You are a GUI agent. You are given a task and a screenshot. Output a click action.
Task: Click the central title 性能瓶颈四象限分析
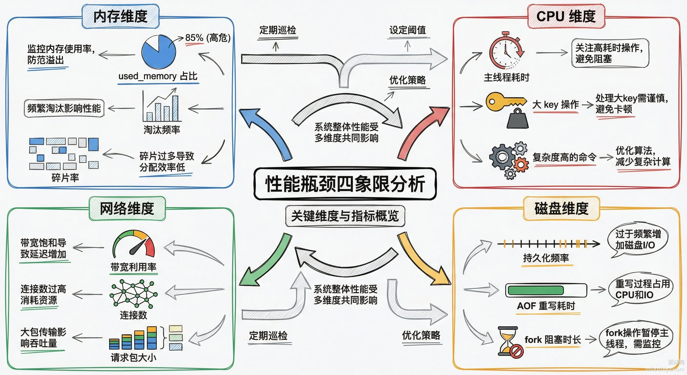coord(345,184)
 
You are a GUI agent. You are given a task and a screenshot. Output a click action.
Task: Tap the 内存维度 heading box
coord(121,16)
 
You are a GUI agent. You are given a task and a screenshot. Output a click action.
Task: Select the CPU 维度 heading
coord(566,16)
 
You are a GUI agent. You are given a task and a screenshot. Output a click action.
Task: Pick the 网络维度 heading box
coord(127,208)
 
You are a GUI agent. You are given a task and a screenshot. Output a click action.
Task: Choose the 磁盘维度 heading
coord(562,208)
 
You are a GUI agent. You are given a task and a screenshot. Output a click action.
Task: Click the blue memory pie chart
coord(159,52)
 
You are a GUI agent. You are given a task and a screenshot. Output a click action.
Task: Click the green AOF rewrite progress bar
coord(536,290)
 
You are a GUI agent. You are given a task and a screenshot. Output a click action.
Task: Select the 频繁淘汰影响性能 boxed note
coord(64,108)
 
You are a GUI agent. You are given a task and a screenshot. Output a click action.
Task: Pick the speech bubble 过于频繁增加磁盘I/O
coord(637,240)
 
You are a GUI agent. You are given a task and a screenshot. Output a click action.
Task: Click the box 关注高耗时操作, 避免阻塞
coord(610,53)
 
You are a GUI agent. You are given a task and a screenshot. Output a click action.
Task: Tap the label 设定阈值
coord(407,30)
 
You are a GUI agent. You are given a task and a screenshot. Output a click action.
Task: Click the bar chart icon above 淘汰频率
coord(161,105)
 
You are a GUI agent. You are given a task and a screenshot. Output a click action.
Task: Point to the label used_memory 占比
coord(158,76)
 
